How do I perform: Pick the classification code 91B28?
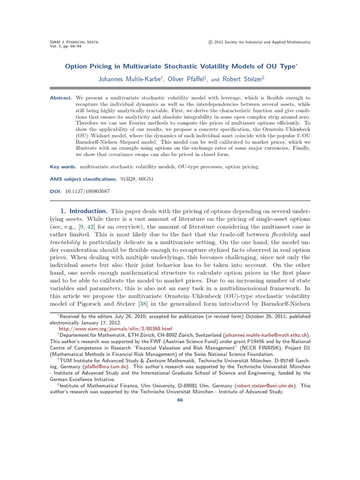click(127, 179)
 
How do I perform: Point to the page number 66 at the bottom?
click(180, 399)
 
